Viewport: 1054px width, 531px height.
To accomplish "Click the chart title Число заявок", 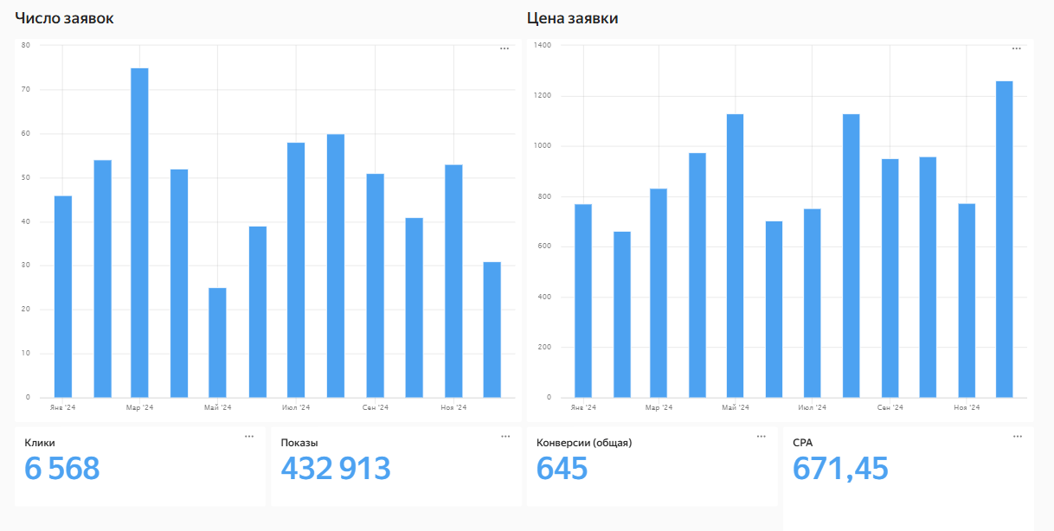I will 64,18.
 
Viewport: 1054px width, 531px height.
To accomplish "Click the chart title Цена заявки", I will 572,18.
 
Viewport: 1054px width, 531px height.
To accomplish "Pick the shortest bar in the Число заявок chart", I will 217,342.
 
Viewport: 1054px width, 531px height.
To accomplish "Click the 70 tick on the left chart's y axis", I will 25,89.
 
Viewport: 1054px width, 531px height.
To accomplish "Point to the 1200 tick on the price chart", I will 542,95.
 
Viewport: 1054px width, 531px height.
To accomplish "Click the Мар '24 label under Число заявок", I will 139,407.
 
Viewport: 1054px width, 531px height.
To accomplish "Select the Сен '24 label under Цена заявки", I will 890,407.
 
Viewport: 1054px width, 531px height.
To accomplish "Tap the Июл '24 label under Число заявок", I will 296,407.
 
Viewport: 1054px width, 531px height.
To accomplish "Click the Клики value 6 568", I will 62,469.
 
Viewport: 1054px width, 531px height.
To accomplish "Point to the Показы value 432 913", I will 336,469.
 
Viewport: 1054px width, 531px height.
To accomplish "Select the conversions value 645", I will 562,469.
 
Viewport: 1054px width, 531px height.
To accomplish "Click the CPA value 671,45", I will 840,469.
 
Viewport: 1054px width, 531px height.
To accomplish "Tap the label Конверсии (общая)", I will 584,443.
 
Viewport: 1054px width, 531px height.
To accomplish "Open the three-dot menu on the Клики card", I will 249,437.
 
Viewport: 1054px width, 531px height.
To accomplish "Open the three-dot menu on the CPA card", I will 1018,437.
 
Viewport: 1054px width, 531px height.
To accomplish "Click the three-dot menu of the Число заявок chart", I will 505,48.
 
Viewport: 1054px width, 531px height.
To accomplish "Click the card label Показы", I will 299,443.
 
